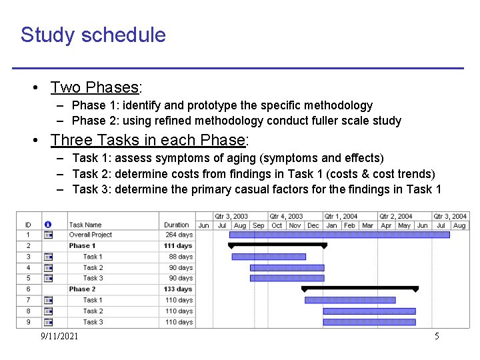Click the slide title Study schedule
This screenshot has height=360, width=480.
(x=93, y=35)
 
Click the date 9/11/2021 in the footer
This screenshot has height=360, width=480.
(x=59, y=336)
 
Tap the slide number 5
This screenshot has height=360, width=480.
(x=437, y=336)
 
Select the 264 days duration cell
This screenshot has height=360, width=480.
(x=179, y=235)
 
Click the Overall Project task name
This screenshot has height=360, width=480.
(x=90, y=235)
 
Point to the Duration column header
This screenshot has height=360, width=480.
(x=177, y=225)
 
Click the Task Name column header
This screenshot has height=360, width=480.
(x=85, y=225)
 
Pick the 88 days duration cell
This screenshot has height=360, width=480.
(x=181, y=257)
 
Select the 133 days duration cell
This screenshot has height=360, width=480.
(x=178, y=289)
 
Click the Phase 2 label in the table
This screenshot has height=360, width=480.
(x=82, y=289)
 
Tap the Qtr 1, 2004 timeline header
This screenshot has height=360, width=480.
(x=341, y=216)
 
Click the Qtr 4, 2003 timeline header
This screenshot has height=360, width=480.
(x=286, y=216)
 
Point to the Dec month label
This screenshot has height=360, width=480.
(x=313, y=225)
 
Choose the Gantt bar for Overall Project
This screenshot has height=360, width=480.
(x=347, y=235)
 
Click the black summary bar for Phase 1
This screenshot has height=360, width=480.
(x=277, y=245)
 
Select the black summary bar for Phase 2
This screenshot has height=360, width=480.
(x=360, y=289)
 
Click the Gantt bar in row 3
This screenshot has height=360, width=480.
(x=269, y=257)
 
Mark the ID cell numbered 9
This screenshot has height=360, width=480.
(x=28, y=322)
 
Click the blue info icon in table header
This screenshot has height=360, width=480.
(x=48, y=225)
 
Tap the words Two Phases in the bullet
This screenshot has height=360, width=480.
(x=94, y=87)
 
